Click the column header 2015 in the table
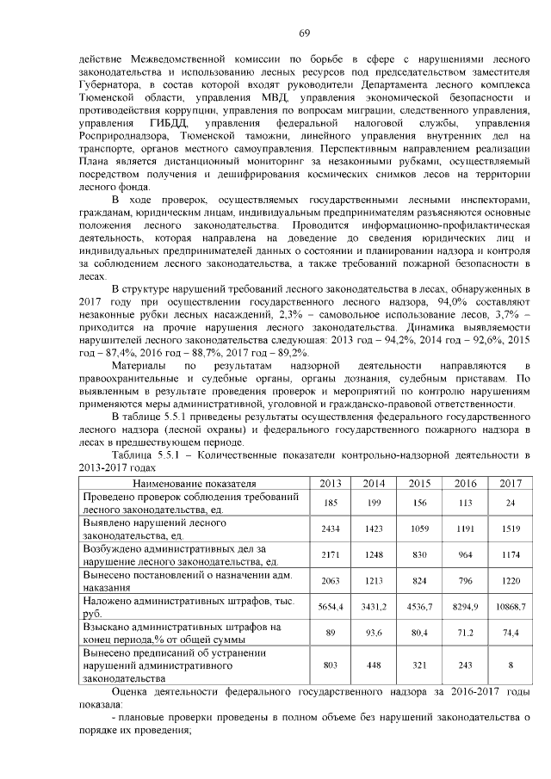point(419,484)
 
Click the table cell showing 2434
point(328,529)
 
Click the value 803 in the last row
point(328,665)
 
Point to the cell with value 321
point(419,665)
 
